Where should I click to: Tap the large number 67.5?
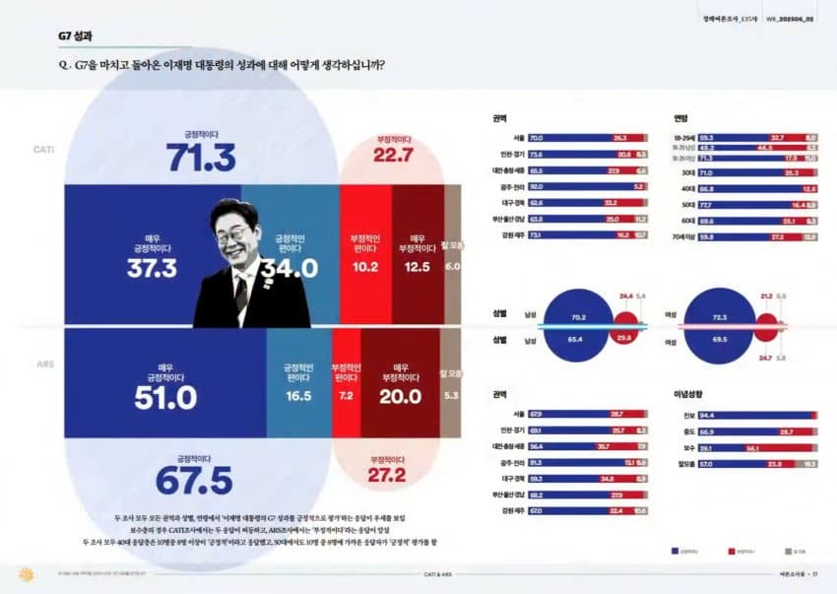click(x=193, y=480)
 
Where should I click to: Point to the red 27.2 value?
click(x=386, y=476)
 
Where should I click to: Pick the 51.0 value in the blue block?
click(x=165, y=397)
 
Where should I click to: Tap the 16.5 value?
click(x=297, y=395)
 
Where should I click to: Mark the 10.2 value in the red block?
click(x=364, y=267)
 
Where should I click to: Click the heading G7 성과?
click(x=75, y=37)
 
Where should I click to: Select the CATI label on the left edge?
click(x=43, y=149)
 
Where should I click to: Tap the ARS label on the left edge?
click(x=45, y=364)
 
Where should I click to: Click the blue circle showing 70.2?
click(x=577, y=317)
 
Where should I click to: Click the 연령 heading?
click(x=680, y=119)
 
